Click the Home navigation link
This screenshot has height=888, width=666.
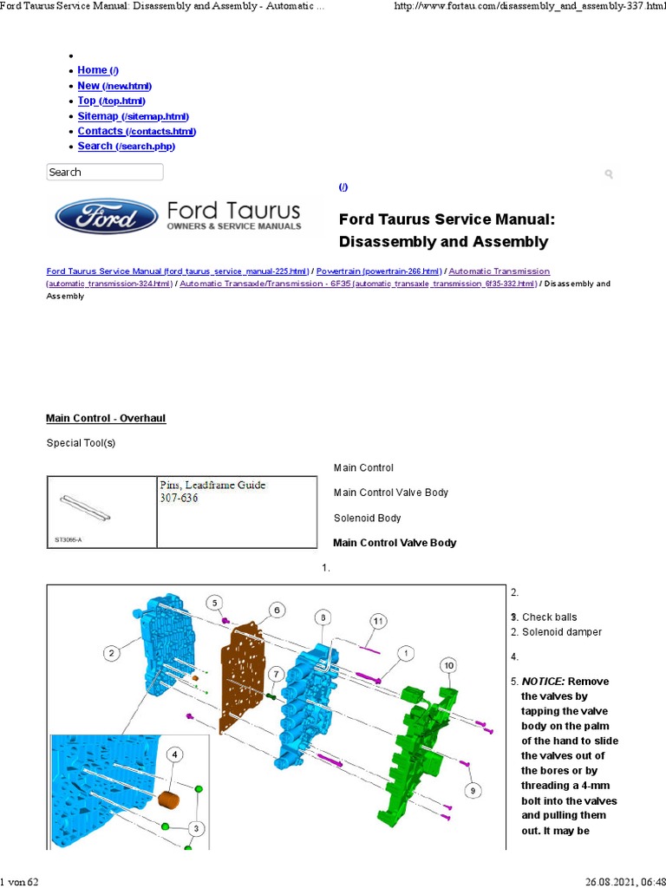coord(92,70)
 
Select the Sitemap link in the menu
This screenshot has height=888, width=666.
coord(98,116)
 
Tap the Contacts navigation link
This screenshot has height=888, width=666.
coord(101,131)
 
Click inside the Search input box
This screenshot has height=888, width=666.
coord(104,172)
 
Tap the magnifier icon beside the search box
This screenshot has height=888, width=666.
coord(609,174)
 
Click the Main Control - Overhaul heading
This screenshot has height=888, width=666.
coord(106,418)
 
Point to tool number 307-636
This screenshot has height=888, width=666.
coord(179,499)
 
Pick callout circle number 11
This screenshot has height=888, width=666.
coord(378,621)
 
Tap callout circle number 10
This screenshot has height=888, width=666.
coord(447,665)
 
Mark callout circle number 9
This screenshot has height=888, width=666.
coord(473,790)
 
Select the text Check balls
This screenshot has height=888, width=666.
coord(549,617)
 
